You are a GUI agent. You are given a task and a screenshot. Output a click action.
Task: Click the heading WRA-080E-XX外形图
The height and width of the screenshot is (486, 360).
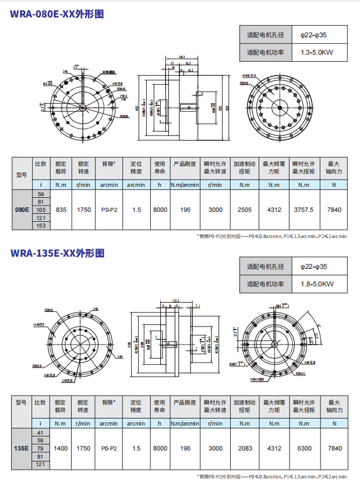[57, 15]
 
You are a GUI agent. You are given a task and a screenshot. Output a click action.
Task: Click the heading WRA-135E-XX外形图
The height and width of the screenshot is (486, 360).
[57, 253]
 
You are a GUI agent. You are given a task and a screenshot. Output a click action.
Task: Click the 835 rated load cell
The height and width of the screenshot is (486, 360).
[61, 210]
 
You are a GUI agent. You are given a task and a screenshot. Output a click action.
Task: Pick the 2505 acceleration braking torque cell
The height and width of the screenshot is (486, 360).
[245, 210]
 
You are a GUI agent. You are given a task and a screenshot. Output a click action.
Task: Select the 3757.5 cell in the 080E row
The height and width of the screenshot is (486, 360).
[304, 210]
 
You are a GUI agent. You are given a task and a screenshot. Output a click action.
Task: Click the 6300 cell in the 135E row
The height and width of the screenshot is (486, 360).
[304, 448]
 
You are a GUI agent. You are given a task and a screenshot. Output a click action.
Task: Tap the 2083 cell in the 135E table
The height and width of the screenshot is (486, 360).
[245, 448]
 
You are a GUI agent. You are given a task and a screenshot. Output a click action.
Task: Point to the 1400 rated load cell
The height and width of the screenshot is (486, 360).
[61, 448]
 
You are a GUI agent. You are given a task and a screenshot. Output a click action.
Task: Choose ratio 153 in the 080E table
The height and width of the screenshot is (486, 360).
[41, 225]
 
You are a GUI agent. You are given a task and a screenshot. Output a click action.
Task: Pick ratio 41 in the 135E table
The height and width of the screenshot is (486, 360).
[41, 432]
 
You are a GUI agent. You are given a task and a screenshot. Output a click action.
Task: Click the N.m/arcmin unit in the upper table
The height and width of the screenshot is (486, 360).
[185, 185]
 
